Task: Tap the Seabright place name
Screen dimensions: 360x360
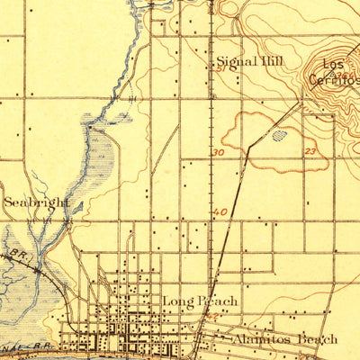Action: pyautogui.click(x=35, y=202)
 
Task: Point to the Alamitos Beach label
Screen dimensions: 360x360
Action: pyautogui.click(x=284, y=338)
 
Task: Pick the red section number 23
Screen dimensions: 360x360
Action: pyautogui.click(x=310, y=153)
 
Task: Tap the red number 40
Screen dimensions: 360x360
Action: pyautogui.click(x=221, y=212)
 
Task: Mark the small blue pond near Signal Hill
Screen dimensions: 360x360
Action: pyautogui.click(x=279, y=136)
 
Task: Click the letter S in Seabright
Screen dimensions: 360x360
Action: pyautogui.click(x=8, y=202)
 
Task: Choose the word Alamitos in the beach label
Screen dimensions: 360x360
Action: pyautogui.click(x=264, y=338)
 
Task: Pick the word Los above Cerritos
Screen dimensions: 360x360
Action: pyautogui.click(x=334, y=66)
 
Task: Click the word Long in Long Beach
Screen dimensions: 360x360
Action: pyautogui.click(x=175, y=300)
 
